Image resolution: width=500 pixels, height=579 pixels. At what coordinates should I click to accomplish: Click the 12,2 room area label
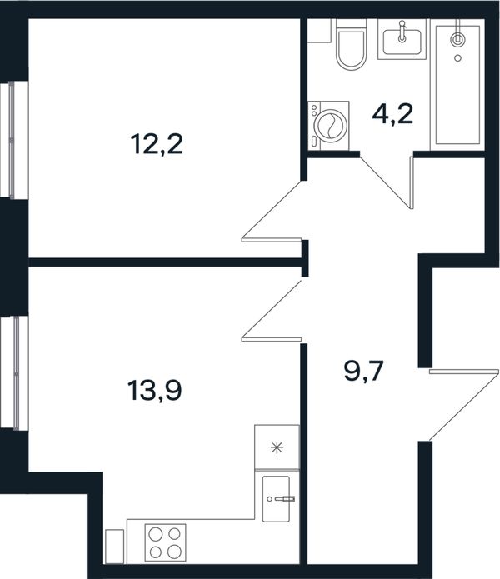coord(157,144)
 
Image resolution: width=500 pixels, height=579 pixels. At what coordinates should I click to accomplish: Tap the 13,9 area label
coord(155,391)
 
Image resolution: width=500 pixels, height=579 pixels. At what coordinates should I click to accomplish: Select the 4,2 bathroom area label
coord(392,114)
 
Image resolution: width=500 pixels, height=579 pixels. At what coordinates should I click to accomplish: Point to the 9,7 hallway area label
coord(364,371)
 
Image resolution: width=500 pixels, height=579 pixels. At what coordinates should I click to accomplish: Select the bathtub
coord(457,85)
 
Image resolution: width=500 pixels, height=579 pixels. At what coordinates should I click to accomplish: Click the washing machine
coord(328,126)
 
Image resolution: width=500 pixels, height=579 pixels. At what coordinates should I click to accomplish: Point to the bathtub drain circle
coord(457,58)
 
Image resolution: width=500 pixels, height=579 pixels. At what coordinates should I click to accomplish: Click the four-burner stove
coord(165,542)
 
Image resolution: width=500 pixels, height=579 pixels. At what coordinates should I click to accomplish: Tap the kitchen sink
coord(276,499)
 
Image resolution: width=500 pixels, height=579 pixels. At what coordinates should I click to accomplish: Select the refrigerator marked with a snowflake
coord(277,447)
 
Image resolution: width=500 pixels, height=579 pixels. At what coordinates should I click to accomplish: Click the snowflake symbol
coord(277,448)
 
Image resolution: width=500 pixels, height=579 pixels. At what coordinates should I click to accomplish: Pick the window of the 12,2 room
coord(14,140)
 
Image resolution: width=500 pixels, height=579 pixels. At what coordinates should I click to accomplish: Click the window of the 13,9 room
coord(14,373)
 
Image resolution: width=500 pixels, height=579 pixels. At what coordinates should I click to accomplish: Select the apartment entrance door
coord(464,405)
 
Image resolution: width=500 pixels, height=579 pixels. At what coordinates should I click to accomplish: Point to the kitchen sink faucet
coord(284,499)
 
